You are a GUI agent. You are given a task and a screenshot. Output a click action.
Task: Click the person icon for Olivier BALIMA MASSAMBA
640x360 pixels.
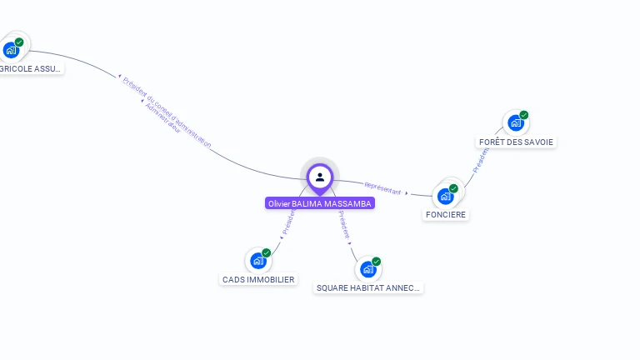point(320,177)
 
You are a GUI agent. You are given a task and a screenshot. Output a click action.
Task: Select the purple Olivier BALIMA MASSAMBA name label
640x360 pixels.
point(320,203)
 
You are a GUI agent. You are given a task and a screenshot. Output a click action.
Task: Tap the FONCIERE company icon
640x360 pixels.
point(446,196)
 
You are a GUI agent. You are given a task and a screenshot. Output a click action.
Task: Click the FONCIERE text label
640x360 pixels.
point(446,214)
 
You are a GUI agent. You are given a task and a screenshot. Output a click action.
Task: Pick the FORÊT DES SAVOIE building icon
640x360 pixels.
point(516,123)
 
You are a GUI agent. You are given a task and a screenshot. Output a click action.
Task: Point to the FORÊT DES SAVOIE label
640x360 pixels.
point(516,142)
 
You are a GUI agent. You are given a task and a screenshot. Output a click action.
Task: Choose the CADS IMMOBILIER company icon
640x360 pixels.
point(258,261)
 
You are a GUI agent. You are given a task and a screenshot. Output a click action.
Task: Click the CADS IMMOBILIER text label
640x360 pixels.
point(258,280)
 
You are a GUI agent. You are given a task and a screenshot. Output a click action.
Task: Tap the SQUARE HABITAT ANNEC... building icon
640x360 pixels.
point(368,269)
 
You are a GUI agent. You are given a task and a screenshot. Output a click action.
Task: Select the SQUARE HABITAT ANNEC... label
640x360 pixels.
point(369,287)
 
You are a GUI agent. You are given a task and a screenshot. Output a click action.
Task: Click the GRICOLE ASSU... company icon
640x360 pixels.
point(12,50)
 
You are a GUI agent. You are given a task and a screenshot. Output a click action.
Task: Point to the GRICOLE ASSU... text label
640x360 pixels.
point(30,68)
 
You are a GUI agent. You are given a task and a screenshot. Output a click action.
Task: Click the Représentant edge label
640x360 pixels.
point(383,188)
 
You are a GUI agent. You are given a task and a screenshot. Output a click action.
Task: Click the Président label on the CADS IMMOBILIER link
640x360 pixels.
point(287,222)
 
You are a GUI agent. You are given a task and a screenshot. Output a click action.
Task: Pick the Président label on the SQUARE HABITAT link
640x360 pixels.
point(344,226)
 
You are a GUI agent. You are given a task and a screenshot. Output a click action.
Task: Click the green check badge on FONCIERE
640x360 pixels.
point(453,188)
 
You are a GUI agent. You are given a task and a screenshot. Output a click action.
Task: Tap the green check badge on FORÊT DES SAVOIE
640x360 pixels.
point(524,115)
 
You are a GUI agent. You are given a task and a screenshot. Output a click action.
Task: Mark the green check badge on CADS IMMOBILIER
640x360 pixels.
point(267,252)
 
